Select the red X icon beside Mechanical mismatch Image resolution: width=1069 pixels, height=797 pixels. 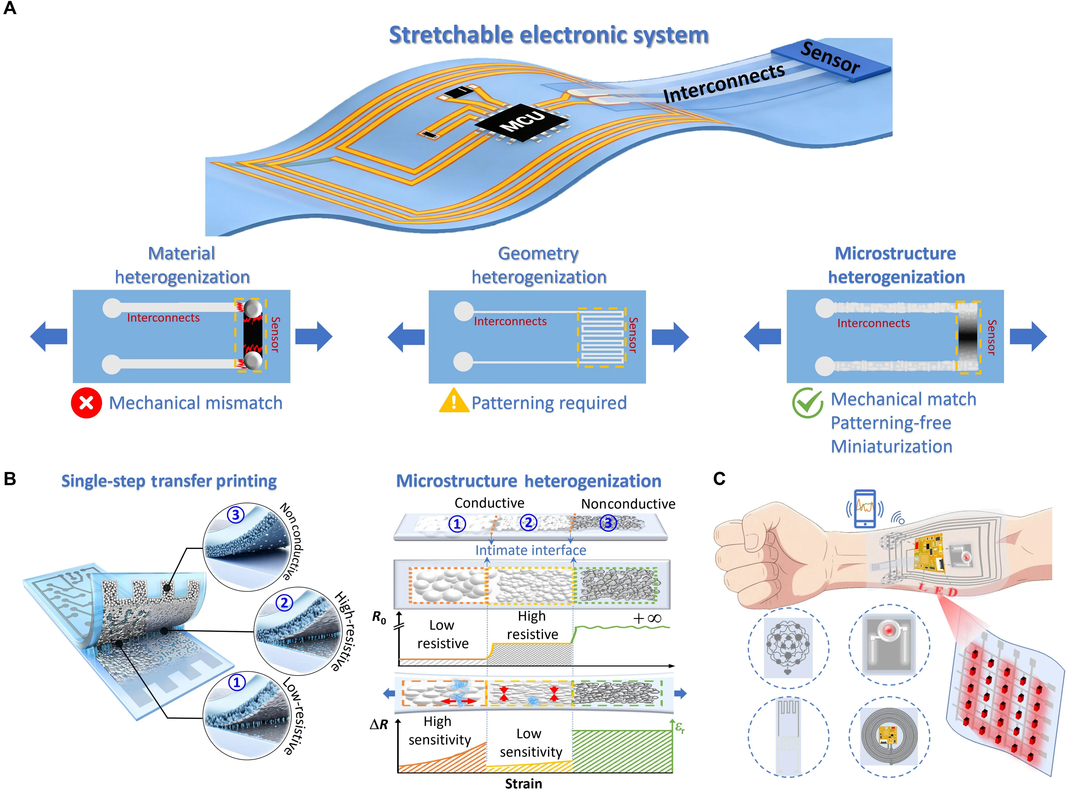click(86, 403)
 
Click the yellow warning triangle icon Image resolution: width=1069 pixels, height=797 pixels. click(453, 401)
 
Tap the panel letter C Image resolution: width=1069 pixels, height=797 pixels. click(719, 479)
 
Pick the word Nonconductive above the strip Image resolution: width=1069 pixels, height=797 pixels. click(628, 504)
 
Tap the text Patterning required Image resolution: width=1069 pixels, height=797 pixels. click(549, 403)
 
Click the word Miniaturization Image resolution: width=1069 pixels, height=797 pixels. click(891, 447)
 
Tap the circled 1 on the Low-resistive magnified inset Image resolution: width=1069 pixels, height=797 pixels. click(236, 683)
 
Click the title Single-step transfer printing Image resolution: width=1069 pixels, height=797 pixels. click(169, 481)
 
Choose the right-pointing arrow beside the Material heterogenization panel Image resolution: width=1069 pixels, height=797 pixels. click(314, 336)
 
